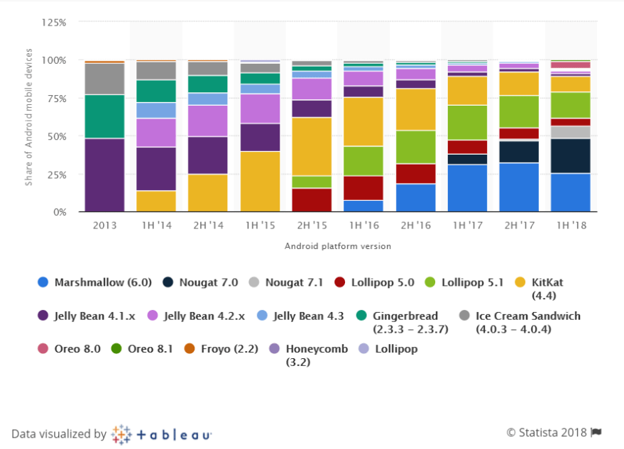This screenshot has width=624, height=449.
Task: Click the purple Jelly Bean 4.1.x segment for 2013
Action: [x=104, y=175]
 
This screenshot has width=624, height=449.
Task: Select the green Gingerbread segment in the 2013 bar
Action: [x=104, y=116]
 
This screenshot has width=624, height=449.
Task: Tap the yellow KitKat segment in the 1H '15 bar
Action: [x=260, y=182]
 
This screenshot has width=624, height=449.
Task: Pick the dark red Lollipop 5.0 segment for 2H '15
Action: [x=312, y=200]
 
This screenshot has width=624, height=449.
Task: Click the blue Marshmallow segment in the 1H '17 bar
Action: [x=467, y=188]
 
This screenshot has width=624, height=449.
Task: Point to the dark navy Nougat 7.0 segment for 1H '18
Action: [x=571, y=156]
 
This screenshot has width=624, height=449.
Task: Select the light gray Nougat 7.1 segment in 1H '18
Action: [x=571, y=133]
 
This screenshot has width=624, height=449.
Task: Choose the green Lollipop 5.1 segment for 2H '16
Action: [x=415, y=147]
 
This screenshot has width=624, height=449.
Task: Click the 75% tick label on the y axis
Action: [x=57, y=99]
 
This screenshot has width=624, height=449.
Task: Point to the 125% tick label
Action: [x=54, y=23]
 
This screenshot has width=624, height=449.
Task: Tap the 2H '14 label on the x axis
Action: [x=208, y=226]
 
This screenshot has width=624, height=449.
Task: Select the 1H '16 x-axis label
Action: [x=363, y=226]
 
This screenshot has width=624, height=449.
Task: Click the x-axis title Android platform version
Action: [x=338, y=246]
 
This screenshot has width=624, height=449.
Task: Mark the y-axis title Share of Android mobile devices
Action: [x=28, y=117]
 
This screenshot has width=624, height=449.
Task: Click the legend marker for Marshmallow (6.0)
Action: [x=43, y=282]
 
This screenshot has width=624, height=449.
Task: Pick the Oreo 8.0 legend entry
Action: [x=69, y=349]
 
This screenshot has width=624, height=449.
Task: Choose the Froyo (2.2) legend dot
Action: [x=190, y=349]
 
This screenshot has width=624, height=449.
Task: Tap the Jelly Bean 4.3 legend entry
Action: [x=300, y=316]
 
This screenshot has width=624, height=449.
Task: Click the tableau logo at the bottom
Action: [x=161, y=434]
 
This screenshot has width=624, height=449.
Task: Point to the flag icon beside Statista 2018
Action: [x=596, y=432]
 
